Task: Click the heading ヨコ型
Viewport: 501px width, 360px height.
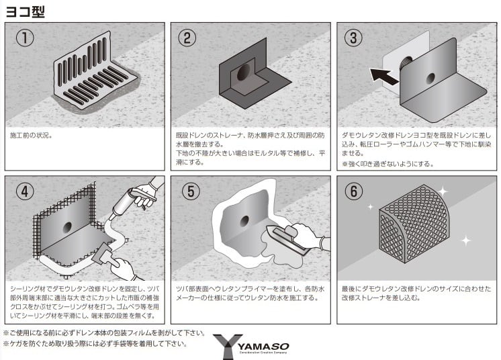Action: pos(26,11)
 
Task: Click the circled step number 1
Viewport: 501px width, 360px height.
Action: pos(25,38)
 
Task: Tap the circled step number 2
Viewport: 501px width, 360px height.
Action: pos(190,38)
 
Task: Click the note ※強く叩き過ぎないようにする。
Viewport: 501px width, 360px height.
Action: pos(388,163)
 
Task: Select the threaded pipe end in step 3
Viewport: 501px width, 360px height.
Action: pos(406,65)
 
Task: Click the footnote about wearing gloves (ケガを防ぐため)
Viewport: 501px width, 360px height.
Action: pos(95,345)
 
